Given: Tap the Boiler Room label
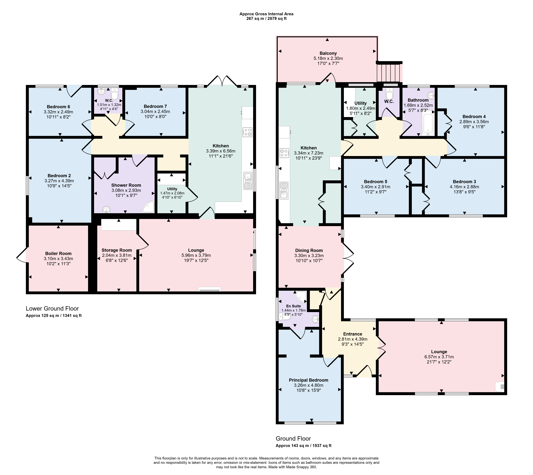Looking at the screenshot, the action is [58, 253].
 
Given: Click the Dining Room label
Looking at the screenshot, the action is [309, 250].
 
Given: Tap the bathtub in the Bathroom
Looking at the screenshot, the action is [427, 123].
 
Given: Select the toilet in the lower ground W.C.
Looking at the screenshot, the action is [114, 93].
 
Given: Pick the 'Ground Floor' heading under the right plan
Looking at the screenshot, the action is [293, 438].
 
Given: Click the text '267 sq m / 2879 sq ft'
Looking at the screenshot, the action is [266, 18].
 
